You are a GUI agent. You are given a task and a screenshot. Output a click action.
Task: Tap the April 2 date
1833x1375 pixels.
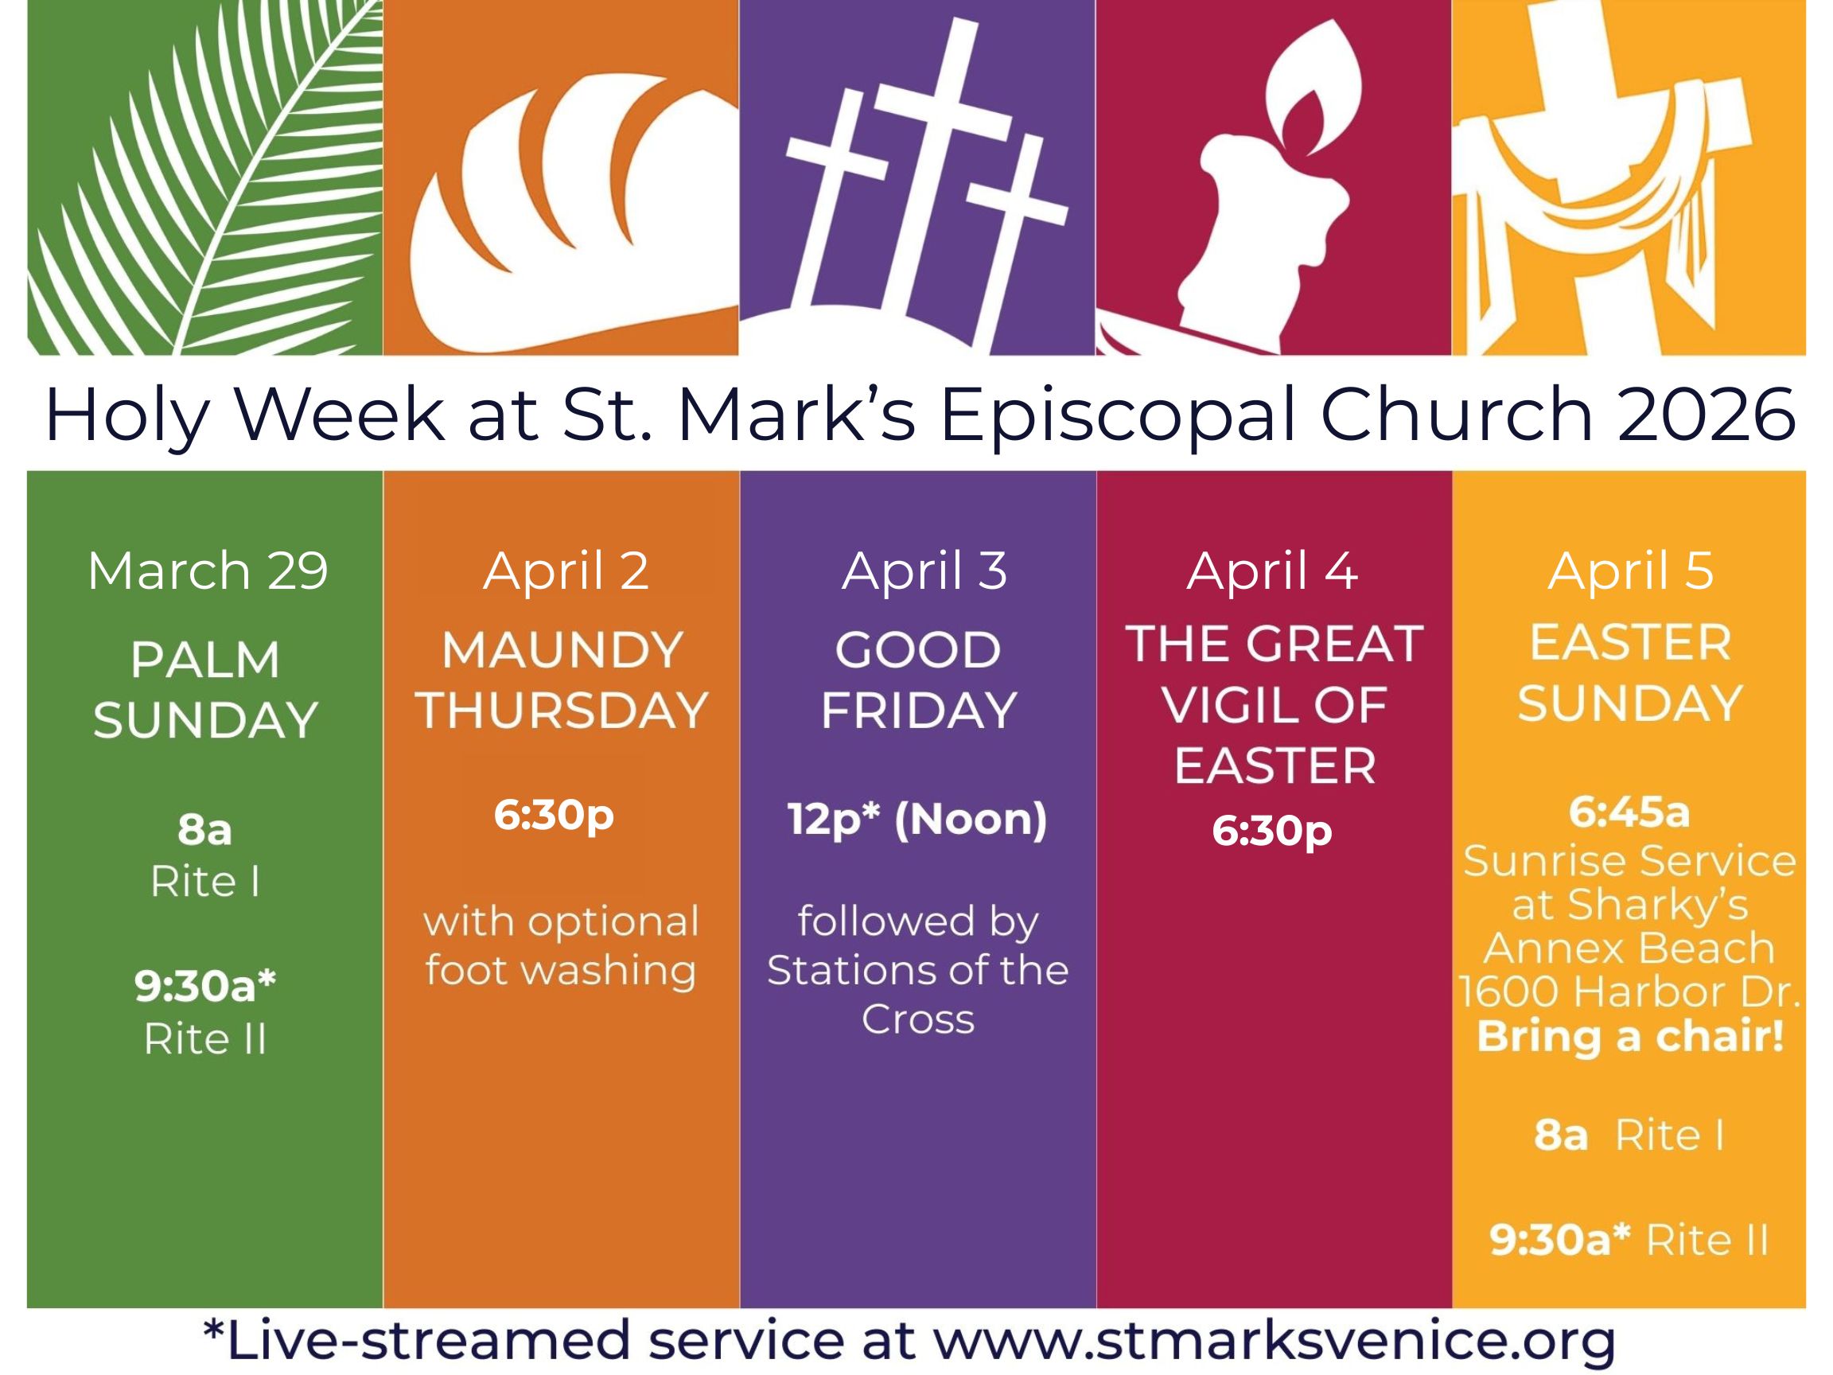click(x=566, y=572)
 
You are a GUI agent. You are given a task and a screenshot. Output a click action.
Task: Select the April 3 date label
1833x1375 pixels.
click(x=924, y=572)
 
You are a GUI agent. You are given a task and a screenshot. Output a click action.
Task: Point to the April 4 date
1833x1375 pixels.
click(x=1272, y=572)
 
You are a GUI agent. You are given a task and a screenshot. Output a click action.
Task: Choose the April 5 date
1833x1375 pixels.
click(x=1630, y=572)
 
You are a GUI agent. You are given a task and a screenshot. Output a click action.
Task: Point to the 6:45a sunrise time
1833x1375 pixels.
click(x=1629, y=812)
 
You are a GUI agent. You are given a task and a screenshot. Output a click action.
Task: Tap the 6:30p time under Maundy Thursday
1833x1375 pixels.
click(x=554, y=816)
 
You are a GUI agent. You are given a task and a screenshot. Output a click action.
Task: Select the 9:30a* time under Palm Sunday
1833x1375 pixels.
click(x=204, y=986)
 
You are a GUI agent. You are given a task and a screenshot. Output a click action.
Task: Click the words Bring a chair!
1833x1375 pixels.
click(x=1630, y=1038)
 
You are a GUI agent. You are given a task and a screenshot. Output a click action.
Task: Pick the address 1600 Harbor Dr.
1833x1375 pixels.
click(x=1629, y=991)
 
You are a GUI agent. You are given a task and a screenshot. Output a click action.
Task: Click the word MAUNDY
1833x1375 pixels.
click(x=562, y=650)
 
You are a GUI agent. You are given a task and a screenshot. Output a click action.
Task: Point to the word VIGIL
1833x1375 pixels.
click(x=1221, y=705)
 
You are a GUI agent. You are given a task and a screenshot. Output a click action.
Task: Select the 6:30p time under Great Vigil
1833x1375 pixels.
click(x=1272, y=832)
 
